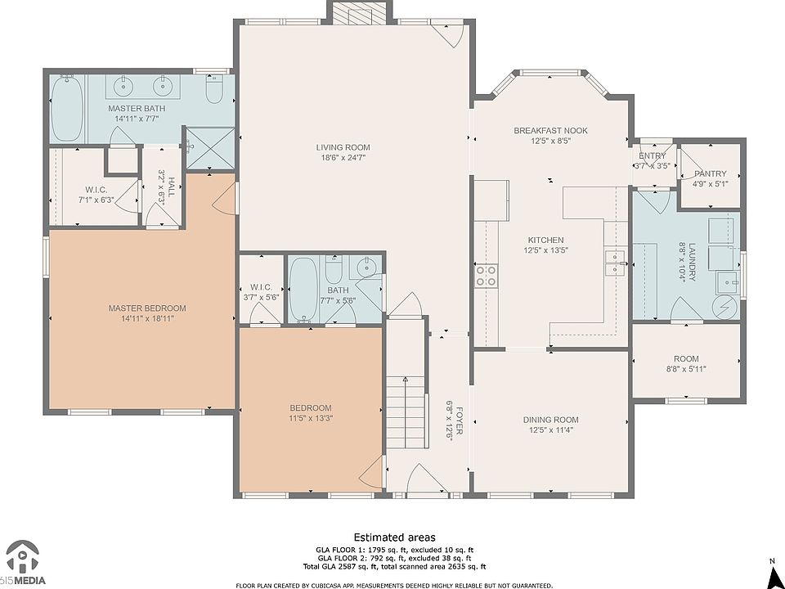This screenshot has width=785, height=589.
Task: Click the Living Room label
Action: tap(343, 147)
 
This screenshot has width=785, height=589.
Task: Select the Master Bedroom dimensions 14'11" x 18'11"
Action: tap(147, 318)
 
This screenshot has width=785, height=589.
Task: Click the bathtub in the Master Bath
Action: tap(67, 108)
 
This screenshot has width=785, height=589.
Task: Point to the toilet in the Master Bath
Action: tap(215, 89)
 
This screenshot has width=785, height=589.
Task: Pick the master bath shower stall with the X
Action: tap(210, 148)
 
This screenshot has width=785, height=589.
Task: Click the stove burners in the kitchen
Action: tap(486, 276)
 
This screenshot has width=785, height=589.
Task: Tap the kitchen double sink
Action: tap(615, 263)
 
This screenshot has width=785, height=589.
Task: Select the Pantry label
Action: tap(711, 173)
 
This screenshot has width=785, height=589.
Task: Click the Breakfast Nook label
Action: tap(550, 131)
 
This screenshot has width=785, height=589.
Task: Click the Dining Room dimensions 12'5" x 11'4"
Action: tap(550, 429)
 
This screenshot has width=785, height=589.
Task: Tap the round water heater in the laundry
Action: tap(725, 307)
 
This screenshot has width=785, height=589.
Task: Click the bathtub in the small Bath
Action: tap(303, 290)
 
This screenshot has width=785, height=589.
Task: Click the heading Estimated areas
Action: tap(394, 537)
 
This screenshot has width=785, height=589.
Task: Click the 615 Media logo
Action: tap(23, 563)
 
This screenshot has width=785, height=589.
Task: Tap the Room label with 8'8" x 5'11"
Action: tap(686, 359)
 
